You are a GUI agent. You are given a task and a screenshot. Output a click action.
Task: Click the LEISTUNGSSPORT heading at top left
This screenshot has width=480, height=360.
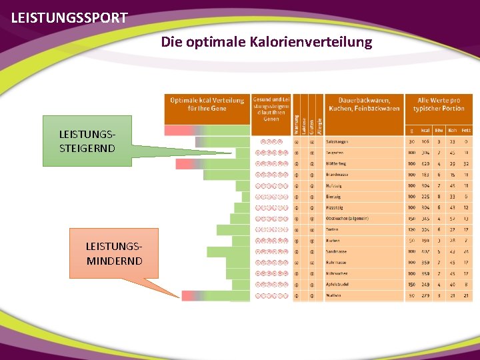[69, 18]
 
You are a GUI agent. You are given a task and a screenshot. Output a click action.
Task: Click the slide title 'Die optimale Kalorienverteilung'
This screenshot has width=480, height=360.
[266, 43]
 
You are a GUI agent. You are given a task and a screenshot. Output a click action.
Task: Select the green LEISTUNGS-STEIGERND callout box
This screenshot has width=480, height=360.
[87, 141]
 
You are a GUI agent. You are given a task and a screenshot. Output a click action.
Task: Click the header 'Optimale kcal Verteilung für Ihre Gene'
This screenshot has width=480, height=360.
[207, 104]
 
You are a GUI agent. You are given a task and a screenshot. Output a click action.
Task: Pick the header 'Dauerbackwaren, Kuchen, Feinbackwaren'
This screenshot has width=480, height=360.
[364, 104]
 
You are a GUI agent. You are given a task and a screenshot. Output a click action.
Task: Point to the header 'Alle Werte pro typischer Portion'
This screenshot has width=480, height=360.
[439, 104]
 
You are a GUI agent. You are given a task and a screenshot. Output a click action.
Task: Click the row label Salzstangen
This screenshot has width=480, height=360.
[337, 141]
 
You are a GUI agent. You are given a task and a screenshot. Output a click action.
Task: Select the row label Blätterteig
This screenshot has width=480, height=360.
[337, 163]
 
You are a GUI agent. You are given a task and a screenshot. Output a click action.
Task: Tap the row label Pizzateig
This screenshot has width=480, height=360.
[335, 207]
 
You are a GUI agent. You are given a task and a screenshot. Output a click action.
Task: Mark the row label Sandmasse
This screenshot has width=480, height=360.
[337, 251]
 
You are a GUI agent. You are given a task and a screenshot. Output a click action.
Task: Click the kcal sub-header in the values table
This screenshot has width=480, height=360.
[425, 130]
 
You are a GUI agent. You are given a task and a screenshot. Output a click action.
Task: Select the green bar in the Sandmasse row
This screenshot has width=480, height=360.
[227, 251]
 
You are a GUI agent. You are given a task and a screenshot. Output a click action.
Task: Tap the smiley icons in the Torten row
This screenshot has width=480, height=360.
[271, 229]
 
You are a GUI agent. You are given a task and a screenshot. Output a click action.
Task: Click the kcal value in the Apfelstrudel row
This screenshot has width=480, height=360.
[425, 285]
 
